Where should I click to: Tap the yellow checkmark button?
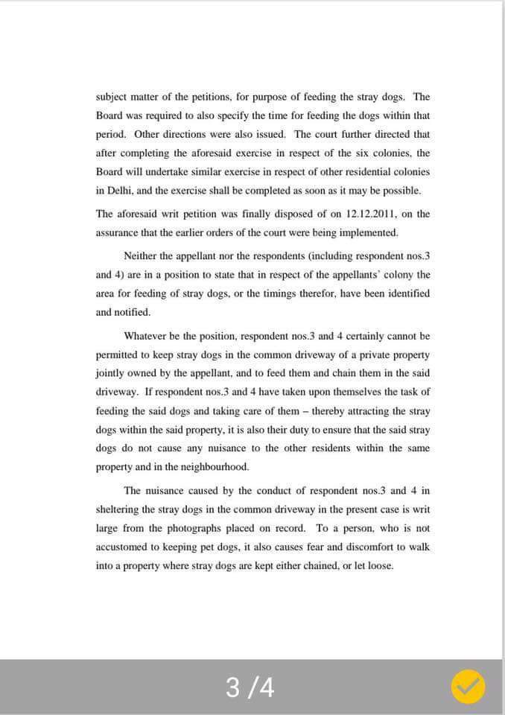click(x=468, y=687)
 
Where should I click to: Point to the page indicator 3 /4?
click(x=250, y=687)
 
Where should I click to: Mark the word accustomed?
click(x=122, y=547)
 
